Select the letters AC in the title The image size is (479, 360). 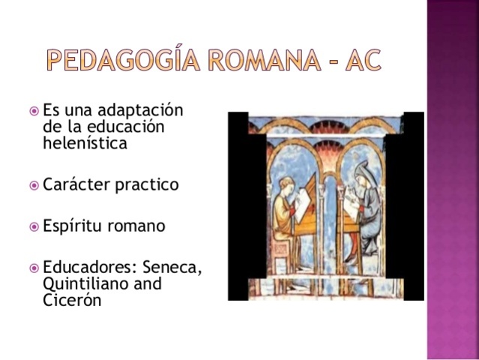[361, 58]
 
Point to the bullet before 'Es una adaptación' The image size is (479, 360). [34, 111]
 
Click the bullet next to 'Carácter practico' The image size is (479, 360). [34, 184]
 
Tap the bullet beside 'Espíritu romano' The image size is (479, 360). [34, 226]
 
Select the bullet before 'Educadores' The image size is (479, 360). [34, 268]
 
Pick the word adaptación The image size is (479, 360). [142, 111]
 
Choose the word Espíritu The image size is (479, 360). [73, 226]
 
